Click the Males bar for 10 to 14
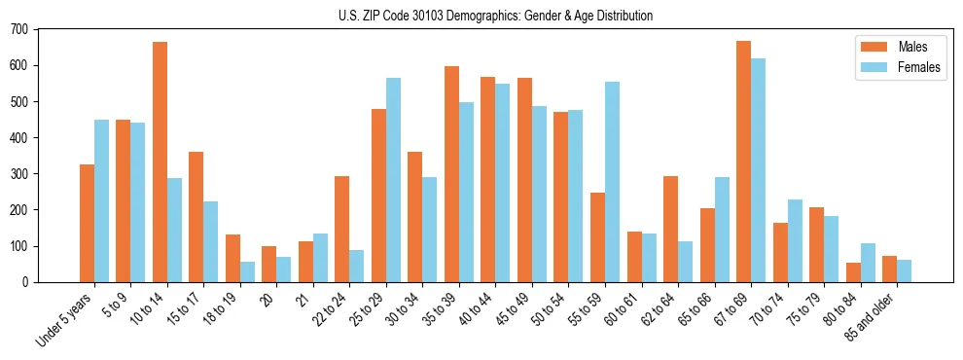coord(160,162)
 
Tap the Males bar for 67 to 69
coord(743,162)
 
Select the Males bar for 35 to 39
coord(451,174)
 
